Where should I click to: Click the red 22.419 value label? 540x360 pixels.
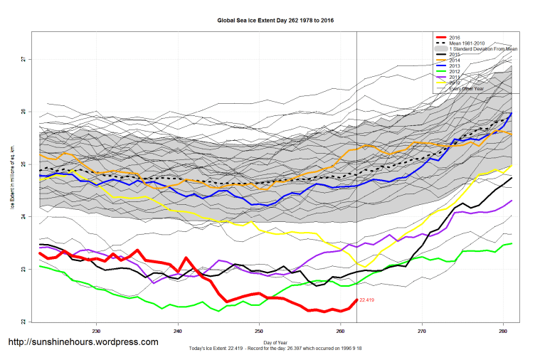tap(367, 300)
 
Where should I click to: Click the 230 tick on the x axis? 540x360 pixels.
tap(96, 331)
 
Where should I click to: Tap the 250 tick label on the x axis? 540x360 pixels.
tap(259, 331)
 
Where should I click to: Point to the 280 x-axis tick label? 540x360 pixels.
tap(504, 331)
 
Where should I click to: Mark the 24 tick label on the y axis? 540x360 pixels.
tap(23, 216)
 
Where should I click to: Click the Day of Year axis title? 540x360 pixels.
tap(275, 342)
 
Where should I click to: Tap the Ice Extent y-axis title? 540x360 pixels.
tap(12, 178)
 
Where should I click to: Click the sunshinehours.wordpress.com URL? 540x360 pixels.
tap(83, 342)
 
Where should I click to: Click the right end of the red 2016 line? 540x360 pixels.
tap(356, 300)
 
